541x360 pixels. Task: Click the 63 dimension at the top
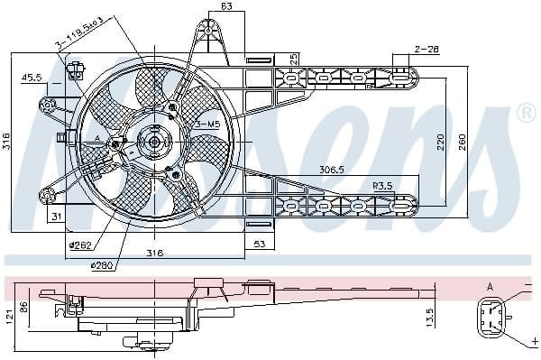click(226, 8)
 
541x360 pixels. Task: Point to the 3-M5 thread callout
click(207, 124)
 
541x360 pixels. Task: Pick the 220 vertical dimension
click(440, 141)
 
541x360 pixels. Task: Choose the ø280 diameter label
click(101, 265)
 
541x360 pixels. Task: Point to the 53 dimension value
click(259, 243)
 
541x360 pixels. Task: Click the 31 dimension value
click(56, 216)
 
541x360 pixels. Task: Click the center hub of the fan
click(153, 142)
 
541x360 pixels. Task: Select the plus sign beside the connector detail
click(534, 342)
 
